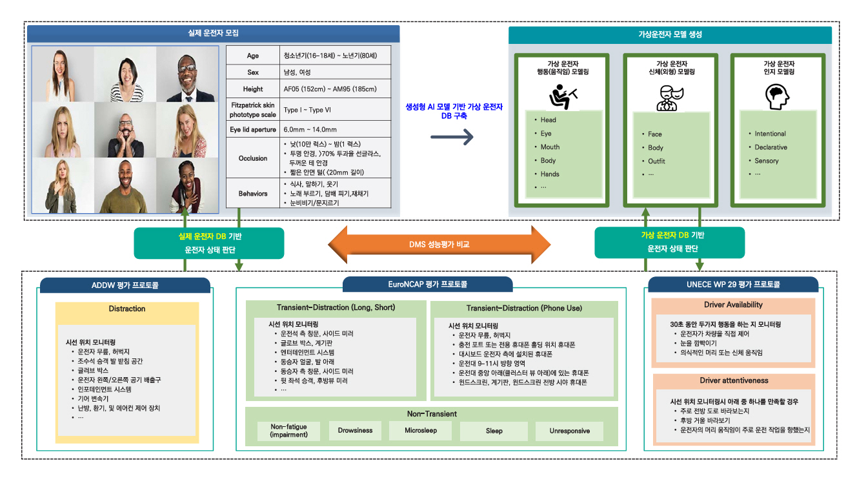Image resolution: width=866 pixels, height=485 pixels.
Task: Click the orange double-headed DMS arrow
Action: tap(439, 245)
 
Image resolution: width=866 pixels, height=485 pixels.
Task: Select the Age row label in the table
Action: tap(253, 56)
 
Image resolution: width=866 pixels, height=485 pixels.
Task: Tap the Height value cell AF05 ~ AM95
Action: tap(330, 89)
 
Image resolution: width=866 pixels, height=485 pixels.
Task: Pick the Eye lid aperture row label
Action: tap(253, 129)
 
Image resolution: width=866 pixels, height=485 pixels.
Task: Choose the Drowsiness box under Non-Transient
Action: tap(355, 431)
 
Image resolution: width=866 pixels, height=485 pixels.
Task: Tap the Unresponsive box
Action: tap(567, 431)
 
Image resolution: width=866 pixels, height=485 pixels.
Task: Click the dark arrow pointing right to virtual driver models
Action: tap(452, 136)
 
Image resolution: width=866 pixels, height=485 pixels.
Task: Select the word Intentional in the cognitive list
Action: tap(770, 134)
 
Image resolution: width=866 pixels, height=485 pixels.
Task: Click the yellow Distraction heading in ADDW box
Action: tap(126, 309)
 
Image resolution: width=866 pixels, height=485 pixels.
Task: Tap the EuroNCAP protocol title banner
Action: tap(427, 284)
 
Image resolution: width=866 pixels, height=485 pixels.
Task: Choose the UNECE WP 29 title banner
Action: tap(733, 284)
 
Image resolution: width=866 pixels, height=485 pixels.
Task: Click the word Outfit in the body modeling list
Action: tap(656, 161)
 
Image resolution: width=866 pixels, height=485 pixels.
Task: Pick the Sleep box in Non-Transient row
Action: tap(494, 431)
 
